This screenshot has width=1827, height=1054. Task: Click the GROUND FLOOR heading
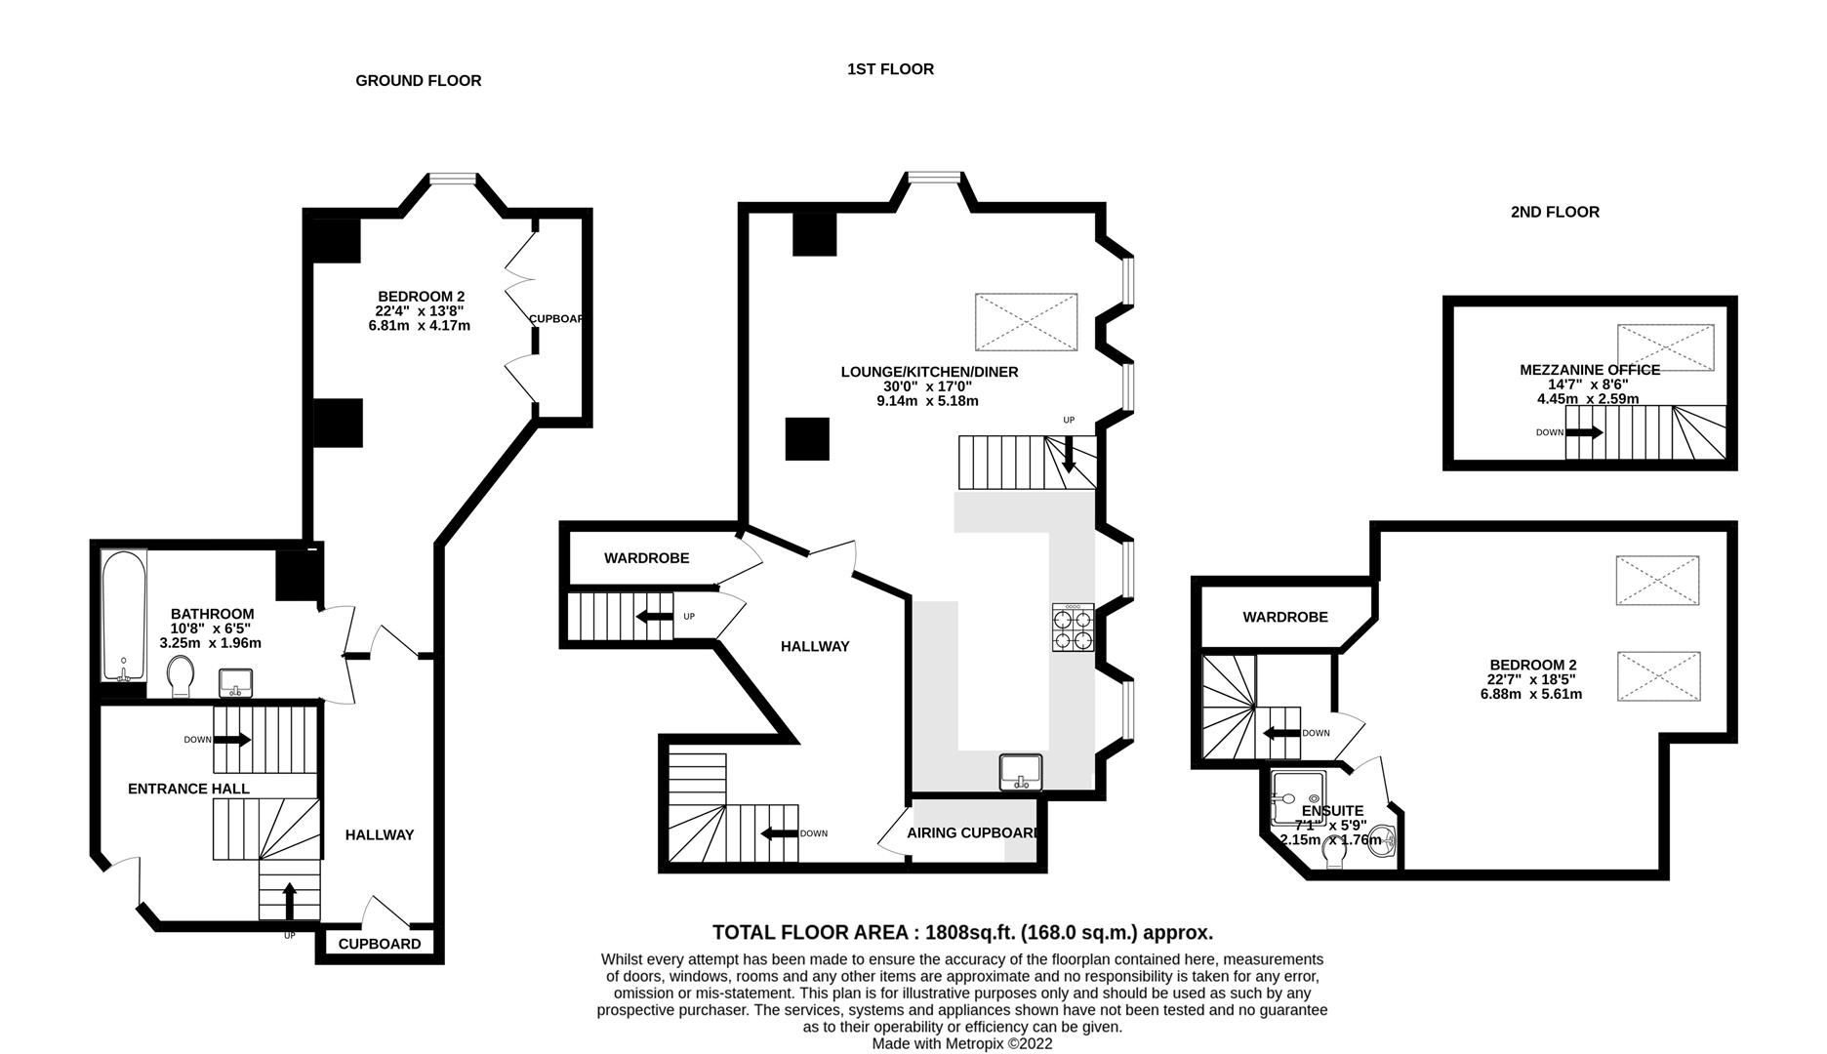[418, 81]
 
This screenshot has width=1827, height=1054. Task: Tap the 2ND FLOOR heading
[1555, 212]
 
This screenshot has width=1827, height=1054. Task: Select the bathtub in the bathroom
[124, 616]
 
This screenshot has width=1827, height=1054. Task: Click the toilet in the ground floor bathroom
[181, 676]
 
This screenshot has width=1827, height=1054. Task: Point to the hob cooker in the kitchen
[1073, 628]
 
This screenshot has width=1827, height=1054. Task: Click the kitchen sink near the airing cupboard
[1021, 772]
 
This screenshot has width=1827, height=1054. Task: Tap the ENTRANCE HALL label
[188, 789]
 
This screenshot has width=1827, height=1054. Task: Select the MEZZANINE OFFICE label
[1589, 370]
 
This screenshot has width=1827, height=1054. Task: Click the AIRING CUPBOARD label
[972, 833]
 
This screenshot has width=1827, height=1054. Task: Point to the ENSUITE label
[1332, 811]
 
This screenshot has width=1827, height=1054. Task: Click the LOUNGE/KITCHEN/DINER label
[929, 372]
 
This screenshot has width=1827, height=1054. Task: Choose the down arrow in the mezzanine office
[1584, 432]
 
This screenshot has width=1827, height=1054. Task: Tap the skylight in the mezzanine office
[1665, 347]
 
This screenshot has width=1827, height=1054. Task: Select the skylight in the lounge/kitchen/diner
[1026, 322]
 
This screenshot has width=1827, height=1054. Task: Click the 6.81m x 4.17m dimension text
[419, 326]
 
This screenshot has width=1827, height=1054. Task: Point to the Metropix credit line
[961, 1043]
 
